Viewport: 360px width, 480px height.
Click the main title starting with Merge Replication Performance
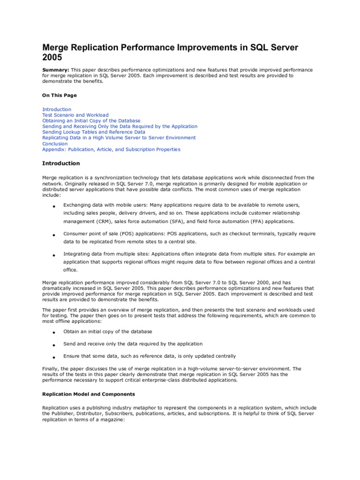pyautogui.click(x=170, y=52)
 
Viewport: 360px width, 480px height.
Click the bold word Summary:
pyautogui.click(x=56, y=70)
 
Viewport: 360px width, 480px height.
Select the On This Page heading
pyautogui.click(x=60, y=95)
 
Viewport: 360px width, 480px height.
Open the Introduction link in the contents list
pyautogui.click(x=57, y=109)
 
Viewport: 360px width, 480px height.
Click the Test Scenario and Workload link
pyautogui.click(x=75, y=115)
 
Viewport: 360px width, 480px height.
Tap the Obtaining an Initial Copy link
pyautogui.click(x=91, y=121)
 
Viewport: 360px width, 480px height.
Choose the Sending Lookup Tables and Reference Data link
pyautogui.click(x=94, y=132)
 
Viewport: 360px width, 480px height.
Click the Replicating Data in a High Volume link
pyautogui.click(x=119, y=138)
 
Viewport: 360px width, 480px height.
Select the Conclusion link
pyautogui.click(x=55, y=144)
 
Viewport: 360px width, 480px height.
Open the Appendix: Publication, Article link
pyautogui.click(x=111, y=150)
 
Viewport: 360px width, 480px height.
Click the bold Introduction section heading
pyautogui.click(x=61, y=164)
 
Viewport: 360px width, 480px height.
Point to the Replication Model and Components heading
pyautogui.click(x=89, y=394)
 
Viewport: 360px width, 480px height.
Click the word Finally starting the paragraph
pyautogui.click(x=51, y=368)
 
